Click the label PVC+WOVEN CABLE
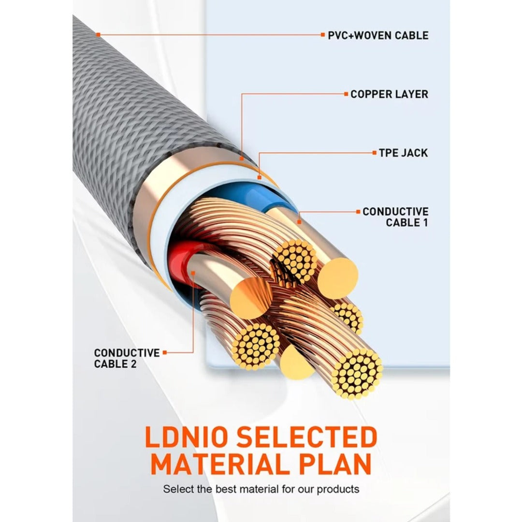click(377, 35)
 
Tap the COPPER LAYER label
click(389, 94)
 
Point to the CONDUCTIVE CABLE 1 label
click(395, 217)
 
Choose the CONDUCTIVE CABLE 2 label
click(127, 358)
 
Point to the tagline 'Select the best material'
click(261, 489)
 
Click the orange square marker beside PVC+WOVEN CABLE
click(323, 35)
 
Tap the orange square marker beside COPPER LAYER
click(346, 94)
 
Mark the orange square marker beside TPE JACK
click(374, 153)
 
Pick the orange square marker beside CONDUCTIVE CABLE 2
click(165, 353)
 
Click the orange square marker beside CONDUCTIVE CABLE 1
click(358, 212)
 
